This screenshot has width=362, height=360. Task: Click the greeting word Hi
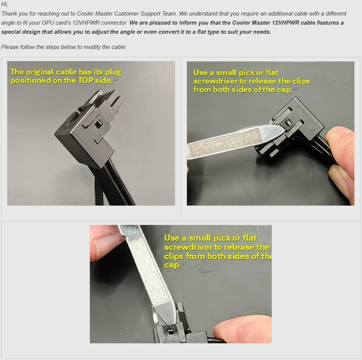(x=5, y=4)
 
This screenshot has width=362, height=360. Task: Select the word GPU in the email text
(x=48, y=23)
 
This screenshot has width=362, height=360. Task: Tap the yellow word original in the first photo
(x=40, y=72)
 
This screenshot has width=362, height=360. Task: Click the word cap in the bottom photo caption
(x=172, y=265)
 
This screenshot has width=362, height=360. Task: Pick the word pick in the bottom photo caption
(x=222, y=238)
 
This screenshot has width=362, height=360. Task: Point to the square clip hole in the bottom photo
(x=170, y=333)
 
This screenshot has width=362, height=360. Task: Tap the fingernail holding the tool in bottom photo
(x=108, y=245)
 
